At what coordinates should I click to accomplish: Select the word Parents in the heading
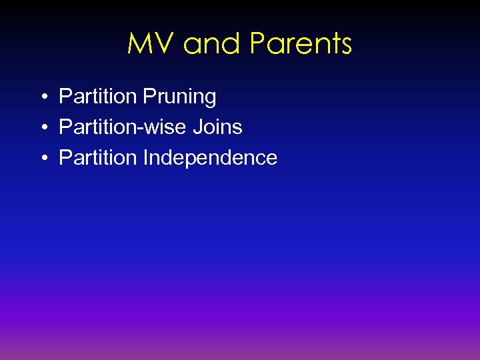tap(301, 45)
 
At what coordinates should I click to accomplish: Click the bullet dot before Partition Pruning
tap(42, 97)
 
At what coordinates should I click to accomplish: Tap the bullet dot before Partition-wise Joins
tap(42, 128)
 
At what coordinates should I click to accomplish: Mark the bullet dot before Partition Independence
tap(42, 159)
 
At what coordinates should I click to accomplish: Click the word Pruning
tap(179, 97)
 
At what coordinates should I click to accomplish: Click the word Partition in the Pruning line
tap(97, 97)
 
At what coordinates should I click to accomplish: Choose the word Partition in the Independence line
tap(97, 158)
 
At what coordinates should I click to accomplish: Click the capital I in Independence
tap(145, 158)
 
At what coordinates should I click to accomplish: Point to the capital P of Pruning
tap(148, 97)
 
